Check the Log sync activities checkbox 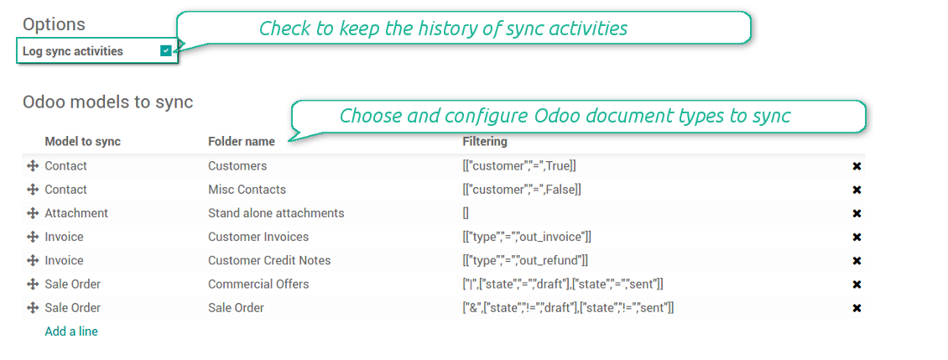[x=165, y=51]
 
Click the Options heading [x=54, y=25]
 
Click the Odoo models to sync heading [x=107, y=102]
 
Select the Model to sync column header [x=83, y=142]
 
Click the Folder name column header [x=242, y=142]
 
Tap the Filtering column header [x=485, y=142]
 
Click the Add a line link [x=71, y=331]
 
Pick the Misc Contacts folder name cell [x=247, y=190]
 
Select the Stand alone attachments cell [x=276, y=213]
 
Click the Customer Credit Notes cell [x=269, y=260]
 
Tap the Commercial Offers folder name [x=258, y=284]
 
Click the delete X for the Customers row [x=857, y=166]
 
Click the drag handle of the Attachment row [x=33, y=213]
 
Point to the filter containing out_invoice [x=527, y=237]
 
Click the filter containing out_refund [x=525, y=260]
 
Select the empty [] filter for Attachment [x=466, y=213]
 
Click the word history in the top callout [x=443, y=29]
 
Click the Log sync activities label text [x=72, y=51]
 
